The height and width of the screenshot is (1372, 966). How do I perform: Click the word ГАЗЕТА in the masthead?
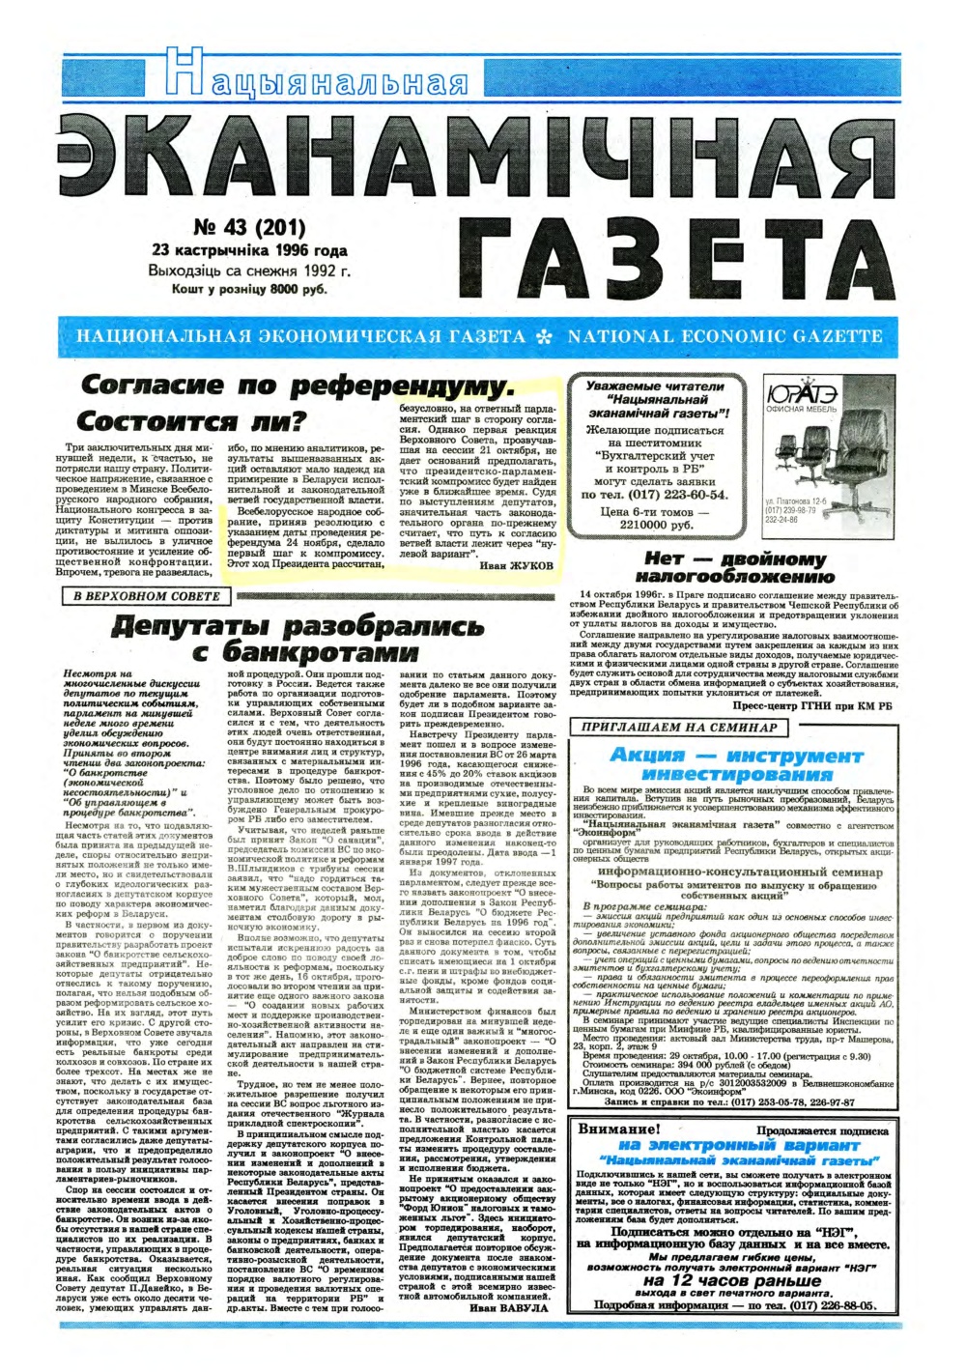(x=677, y=261)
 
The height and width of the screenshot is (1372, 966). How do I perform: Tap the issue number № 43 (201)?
(x=249, y=228)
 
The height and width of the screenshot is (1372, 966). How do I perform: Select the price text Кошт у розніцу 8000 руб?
(x=249, y=289)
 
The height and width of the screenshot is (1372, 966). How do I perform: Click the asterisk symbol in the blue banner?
(x=546, y=337)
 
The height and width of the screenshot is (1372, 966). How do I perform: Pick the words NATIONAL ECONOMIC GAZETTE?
(x=725, y=337)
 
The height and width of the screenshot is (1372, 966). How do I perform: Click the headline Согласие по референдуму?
(x=298, y=386)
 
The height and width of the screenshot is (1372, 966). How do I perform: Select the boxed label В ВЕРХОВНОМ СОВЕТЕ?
(x=147, y=596)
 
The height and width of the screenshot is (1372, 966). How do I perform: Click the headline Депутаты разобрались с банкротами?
(x=298, y=638)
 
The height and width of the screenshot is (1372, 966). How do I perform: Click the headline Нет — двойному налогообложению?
(x=735, y=567)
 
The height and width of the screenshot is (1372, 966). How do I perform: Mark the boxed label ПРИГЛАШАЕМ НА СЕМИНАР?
(x=680, y=727)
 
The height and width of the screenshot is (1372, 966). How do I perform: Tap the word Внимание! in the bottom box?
(x=618, y=1129)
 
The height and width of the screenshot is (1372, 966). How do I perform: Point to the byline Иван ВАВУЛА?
(x=508, y=1307)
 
